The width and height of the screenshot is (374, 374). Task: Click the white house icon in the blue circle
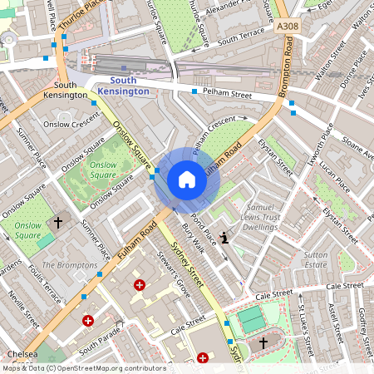187,180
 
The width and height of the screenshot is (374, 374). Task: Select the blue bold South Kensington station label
123,85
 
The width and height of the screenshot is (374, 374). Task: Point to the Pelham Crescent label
214,136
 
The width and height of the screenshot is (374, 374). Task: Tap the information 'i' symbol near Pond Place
224,237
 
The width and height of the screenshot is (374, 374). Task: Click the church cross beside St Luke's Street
264,342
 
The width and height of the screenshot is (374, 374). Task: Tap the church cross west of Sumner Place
58,223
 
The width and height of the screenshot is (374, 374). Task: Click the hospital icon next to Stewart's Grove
139,285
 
